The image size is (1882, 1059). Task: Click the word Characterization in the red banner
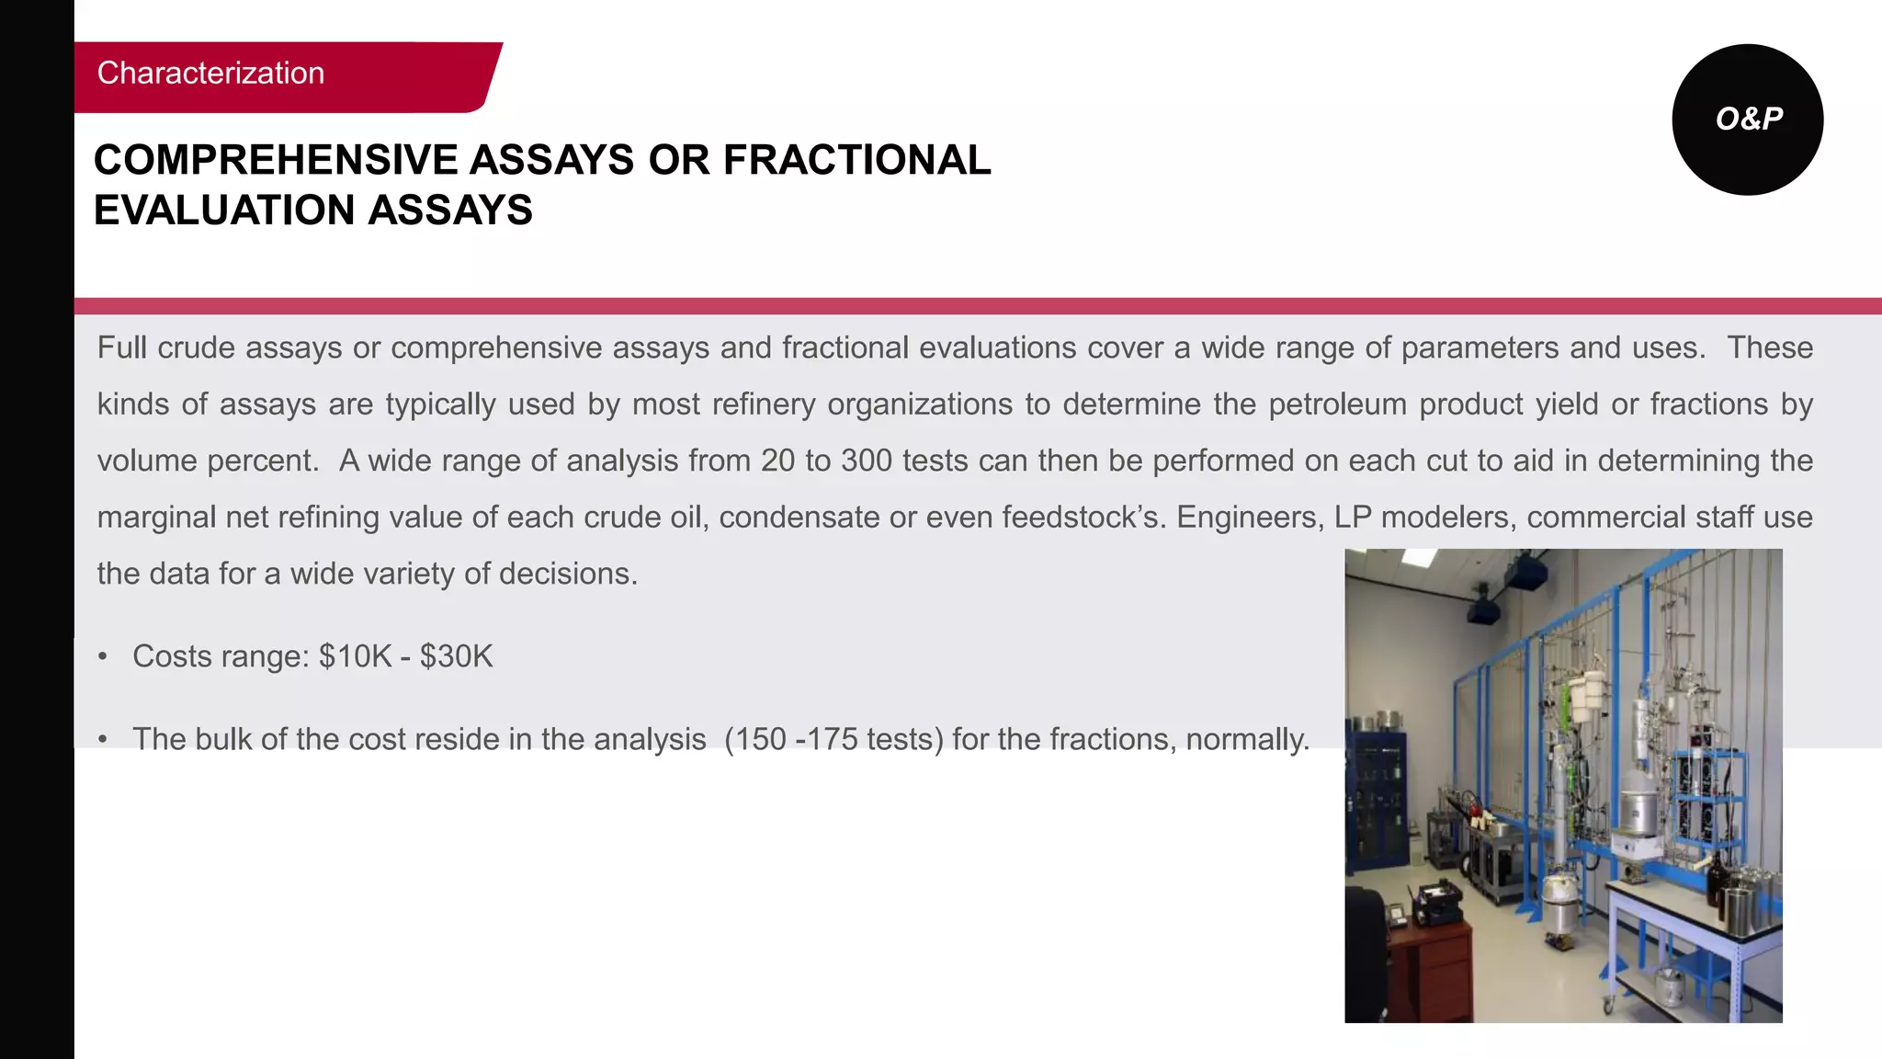[x=210, y=74]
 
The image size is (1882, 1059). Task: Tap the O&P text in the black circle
[x=1749, y=119]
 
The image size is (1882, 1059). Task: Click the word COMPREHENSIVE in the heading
[x=275, y=160]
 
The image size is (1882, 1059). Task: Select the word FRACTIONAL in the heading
[x=856, y=160]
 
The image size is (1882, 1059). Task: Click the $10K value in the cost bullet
[x=355, y=656]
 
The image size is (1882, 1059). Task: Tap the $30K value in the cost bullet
[x=456, y=656]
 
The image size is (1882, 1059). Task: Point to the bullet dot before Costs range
[x=103, y=657]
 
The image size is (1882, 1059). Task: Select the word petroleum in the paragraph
[x=1337, y=404]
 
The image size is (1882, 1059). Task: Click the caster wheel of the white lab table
[x=1608, y=1006]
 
